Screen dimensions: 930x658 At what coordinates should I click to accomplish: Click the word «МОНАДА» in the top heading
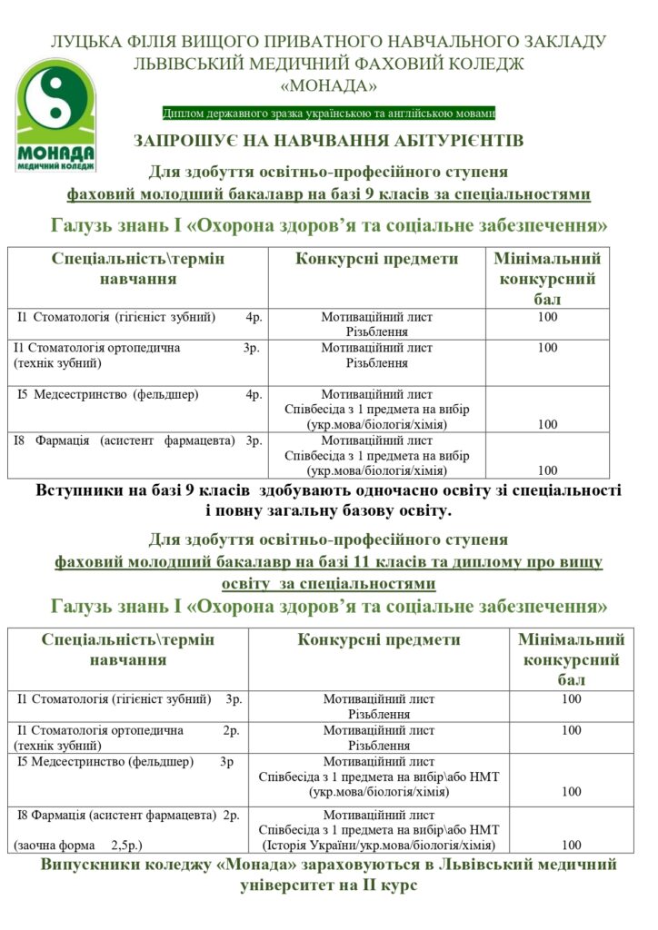[x=328, y=85]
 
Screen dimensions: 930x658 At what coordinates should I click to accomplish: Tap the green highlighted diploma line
[x=328, y=114]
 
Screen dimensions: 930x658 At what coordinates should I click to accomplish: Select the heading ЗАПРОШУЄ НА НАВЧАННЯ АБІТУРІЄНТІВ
[x=328, y=141]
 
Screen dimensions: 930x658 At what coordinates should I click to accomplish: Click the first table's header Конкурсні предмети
[x=376, y=259]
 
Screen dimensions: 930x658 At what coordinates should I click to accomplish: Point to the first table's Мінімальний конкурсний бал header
[x=547, y=278]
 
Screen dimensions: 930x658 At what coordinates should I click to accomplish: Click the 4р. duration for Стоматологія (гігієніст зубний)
[x=254, y=317]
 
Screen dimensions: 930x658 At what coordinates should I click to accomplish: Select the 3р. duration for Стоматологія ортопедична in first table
[x=252, y=348]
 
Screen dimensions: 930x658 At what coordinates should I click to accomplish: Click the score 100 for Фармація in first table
[x=547, y=470]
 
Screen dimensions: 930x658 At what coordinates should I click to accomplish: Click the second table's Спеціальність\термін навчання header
[x=128, y=648]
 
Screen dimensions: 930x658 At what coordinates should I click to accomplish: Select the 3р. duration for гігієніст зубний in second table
[x=234, y=699]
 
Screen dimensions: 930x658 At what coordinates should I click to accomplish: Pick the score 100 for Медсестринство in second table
[x=572, y=792]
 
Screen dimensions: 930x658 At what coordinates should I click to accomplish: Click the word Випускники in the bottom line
[x=86, y=864]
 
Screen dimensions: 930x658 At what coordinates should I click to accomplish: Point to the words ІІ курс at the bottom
[x=386, y=885]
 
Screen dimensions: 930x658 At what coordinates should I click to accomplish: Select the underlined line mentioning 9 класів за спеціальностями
[x=328, y=194]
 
